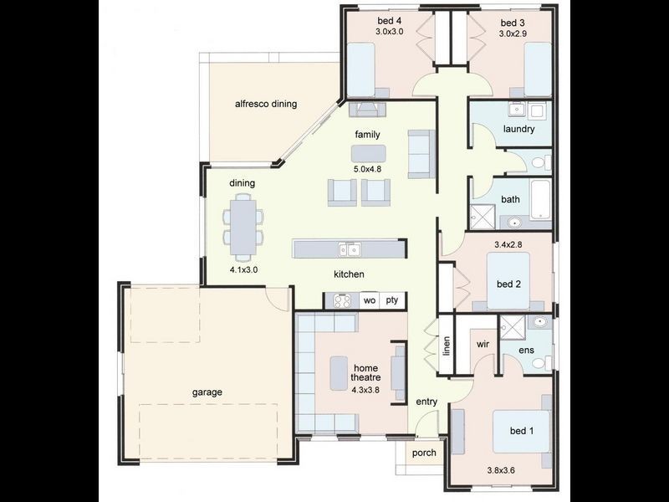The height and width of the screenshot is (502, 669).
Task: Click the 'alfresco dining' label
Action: tap(266, 105)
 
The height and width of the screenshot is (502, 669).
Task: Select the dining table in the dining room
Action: tap(243, 226)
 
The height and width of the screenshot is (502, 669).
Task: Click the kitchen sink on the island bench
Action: tap(350, 249)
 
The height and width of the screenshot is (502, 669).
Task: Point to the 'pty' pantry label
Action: tap(392, 300)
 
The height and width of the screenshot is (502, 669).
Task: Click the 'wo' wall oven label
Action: tap(369, 300)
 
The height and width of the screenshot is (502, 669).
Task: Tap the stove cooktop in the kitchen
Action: tap(341, 300)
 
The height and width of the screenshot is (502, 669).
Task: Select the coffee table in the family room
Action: tap(369, 153)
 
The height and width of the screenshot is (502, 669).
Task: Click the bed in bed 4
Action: tap(360, 69)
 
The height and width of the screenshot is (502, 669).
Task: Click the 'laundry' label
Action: tap(518, 129)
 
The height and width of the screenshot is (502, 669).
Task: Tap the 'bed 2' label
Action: tap(508, 284)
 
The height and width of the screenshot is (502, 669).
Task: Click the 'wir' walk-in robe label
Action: tap(482, 344)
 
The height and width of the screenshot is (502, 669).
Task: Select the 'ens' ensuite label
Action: tap(526, 350)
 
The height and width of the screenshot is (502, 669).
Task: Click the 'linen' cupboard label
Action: tap(447, 345)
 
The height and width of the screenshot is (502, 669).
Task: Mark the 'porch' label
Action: tap(424, 453)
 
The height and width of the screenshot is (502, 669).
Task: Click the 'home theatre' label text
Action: tap(365, 373)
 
